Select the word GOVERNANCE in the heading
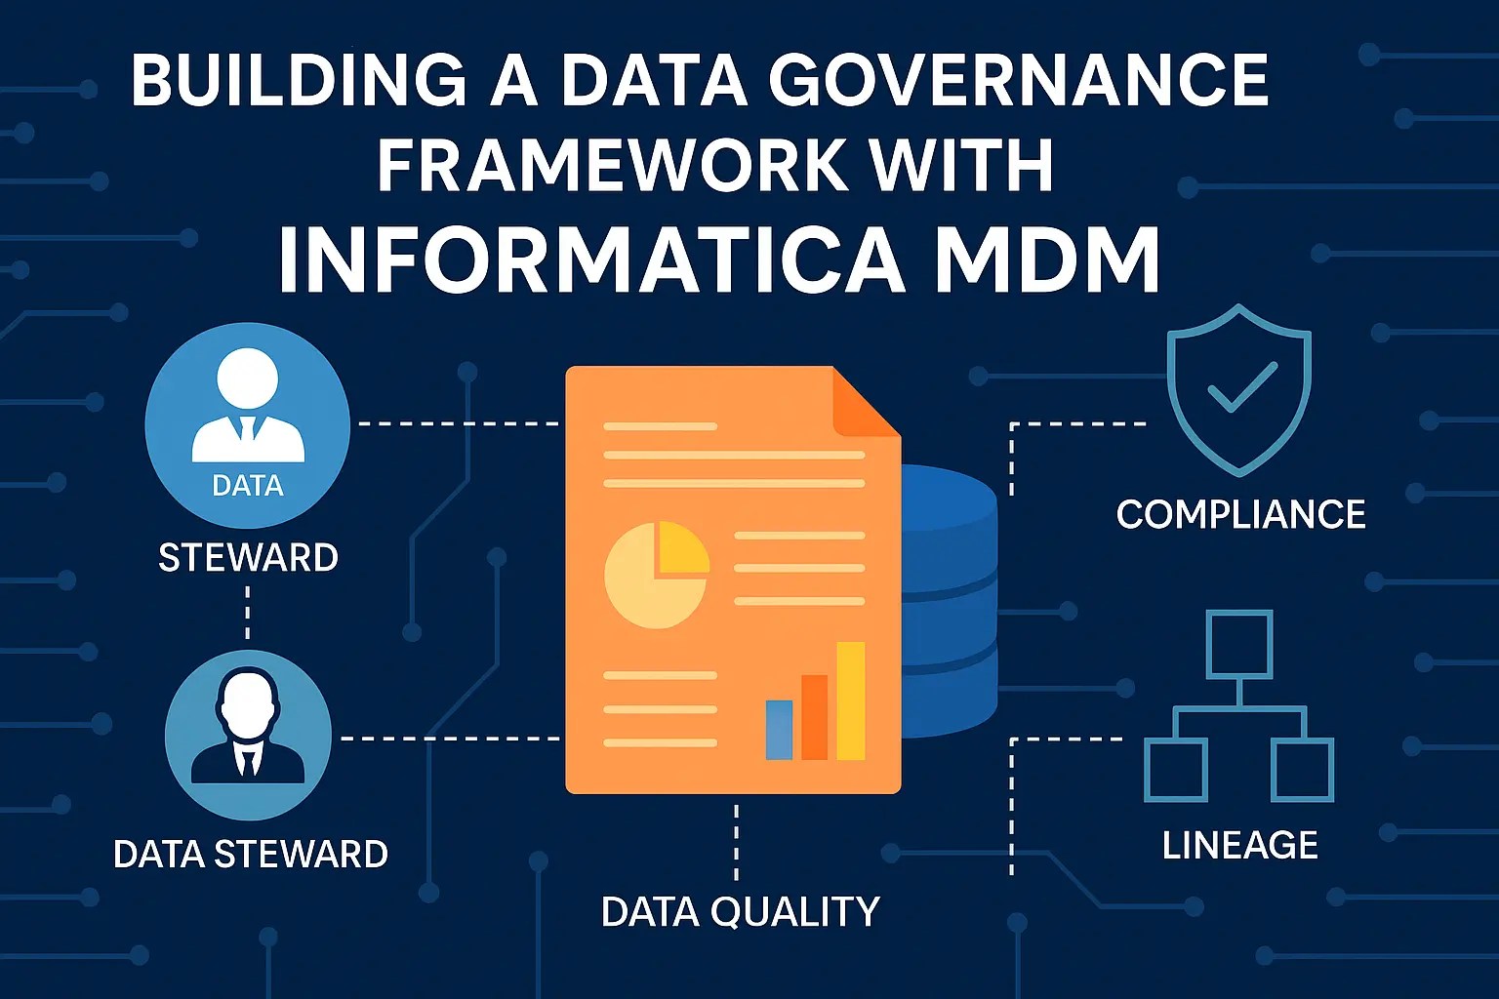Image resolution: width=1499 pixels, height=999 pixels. coord(1019,80)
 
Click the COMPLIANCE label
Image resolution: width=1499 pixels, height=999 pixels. coord(1240,514)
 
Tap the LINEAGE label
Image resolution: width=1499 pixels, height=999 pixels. coord(1239,845)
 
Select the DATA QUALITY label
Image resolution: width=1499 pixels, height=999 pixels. coord(740,912)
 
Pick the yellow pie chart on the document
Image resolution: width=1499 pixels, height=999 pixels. coord(656,575)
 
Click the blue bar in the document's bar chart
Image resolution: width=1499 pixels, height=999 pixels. coord(779,729)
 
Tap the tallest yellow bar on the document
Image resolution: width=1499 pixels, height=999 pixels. coord(851,699)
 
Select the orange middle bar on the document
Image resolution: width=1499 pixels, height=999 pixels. coord(814,716)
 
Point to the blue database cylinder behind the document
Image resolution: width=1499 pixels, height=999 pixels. coord(947,605)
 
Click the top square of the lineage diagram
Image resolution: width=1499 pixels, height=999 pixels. coord(1239,644)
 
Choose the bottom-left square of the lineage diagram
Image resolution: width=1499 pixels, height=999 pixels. coord(1175,770)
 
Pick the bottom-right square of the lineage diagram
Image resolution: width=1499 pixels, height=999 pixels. coord(1303,770)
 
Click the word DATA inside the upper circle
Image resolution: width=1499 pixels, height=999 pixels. coord(248,486)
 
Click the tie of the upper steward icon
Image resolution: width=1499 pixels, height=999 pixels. coord(248,429)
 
